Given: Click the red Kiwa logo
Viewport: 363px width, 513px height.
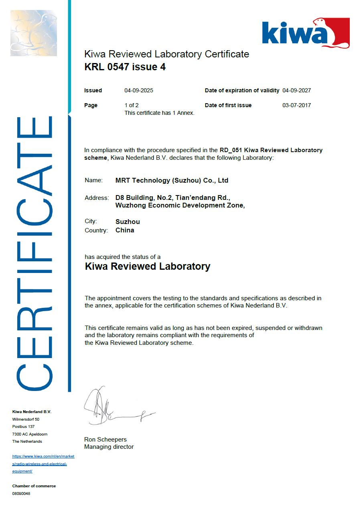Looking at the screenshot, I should coord(306,33).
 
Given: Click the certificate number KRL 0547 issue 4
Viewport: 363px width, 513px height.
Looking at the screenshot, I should coord(125,67).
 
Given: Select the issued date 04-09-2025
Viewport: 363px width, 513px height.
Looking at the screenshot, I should coord(139,90).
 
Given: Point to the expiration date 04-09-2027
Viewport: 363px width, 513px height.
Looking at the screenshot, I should coord(297,90).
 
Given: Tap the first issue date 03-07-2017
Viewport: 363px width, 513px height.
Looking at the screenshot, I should coord(297,105).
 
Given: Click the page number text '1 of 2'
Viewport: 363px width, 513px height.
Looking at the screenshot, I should coord(132,105).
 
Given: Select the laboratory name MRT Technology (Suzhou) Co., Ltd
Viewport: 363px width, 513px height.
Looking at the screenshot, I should coord(172,181).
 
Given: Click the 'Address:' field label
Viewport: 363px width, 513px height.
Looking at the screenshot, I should coord(97,198).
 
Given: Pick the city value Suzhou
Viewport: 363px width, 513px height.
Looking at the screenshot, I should coord(128,222).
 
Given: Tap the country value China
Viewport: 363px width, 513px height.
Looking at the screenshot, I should coord(125,230).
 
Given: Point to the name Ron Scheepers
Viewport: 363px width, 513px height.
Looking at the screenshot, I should coord(105,440).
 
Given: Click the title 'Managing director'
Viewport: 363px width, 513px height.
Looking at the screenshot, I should coord(109,447).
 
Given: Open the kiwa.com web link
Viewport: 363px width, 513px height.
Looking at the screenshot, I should coord(43,464).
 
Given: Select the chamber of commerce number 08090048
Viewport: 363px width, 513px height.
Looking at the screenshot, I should coord(21,493).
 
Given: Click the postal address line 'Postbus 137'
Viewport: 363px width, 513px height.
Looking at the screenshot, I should coord(24,426).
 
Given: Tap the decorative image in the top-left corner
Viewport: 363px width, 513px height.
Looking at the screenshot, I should coord(34,33).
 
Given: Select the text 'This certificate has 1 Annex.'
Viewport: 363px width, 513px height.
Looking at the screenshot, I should coord(159,113).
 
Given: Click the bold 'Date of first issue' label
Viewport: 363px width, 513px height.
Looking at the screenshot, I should coord(228,105).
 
